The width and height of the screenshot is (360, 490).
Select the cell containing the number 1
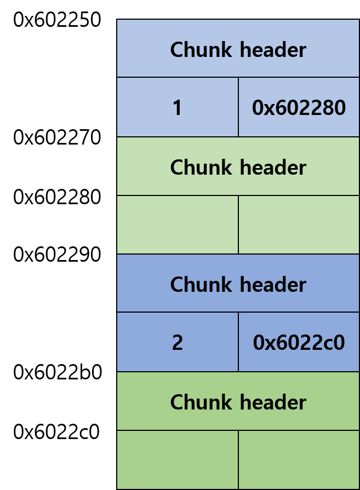point(178,108)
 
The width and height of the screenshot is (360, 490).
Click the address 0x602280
point(299,108)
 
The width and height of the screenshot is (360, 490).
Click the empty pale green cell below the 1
point(178,225)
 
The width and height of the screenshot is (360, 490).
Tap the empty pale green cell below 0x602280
point(299,225)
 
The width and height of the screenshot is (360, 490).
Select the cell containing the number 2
point(178,343)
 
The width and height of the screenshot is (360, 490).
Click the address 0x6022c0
point(299,343)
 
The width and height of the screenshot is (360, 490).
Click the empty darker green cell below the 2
point(178,460)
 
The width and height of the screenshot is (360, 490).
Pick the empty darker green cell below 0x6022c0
point(299,460)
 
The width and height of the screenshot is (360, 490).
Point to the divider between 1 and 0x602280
point(238,107)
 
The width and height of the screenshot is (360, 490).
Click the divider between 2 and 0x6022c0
point(238,342)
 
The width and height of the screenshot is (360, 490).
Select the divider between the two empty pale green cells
point(238,225)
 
